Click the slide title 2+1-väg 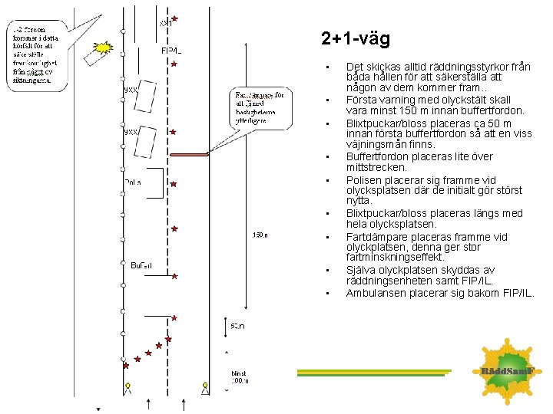click(356, 38)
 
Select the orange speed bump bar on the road click(190, 155)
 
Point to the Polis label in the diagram click(133, 182)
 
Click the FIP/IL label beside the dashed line click(171, 51)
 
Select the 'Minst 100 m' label click(241, 377)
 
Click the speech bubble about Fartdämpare click(259, 108)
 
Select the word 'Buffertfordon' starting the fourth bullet click(377, 156)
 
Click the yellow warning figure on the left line click(128, 386)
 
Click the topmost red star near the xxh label click(175, 18)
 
